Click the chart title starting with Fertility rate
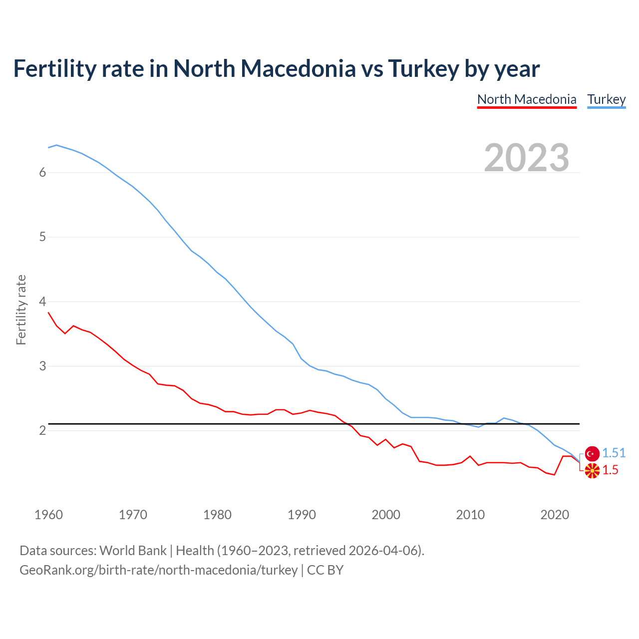(x=276, y=69)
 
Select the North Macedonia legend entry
(x=527, y=99)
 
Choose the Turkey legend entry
(x=606, y=99)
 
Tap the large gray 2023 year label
(x=527, y=158)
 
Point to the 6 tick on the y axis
(x=42, y=173)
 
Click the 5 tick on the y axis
(x=42, y=237)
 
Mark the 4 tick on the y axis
(x=42, y=302)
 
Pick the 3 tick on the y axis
(x=42, y=366)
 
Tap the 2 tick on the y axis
(x=42, y=430)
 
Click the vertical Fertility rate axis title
(x=21, y=310)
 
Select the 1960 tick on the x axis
(x=48, y=515)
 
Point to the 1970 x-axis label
(x=133, y=515)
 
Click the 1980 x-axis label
(x=217, y=515)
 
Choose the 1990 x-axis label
(x=302, y=515)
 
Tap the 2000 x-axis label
(x=386, y=515)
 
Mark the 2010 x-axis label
(x=470, y=515)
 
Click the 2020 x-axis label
(x=555, y=515)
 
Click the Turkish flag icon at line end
(x=592, y=453)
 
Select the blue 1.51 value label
(x=614, y=453)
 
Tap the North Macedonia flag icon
(x=592, y=470)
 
